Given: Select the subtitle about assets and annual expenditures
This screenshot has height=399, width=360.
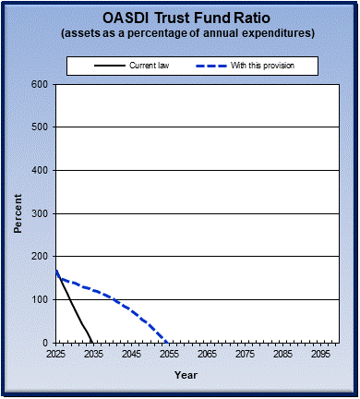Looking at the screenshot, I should click(x=180, y=33).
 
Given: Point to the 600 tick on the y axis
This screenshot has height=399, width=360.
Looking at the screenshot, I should click(x=40, y=84).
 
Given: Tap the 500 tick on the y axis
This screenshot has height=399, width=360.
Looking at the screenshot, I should click(x=40, y=127).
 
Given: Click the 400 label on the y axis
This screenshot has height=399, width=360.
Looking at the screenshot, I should click(x=40, y=170).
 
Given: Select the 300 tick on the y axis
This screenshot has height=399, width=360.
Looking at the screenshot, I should click(x=40, y=213).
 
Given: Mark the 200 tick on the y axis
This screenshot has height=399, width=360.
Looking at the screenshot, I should click(x=40, y=256).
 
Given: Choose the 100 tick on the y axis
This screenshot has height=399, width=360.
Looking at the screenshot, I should click(x=40, y=299).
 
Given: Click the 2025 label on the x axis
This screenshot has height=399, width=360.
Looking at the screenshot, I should click(x=56, y=354).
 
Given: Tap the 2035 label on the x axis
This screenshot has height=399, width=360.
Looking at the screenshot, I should click(x=93, y=354).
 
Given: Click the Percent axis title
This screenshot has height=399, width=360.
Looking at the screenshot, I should click(x=18, y=213).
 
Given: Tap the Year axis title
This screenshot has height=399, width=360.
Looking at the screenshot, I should click(x=186, y=375).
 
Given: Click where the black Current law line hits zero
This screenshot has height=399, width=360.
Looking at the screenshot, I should click(x=92, y=342).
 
